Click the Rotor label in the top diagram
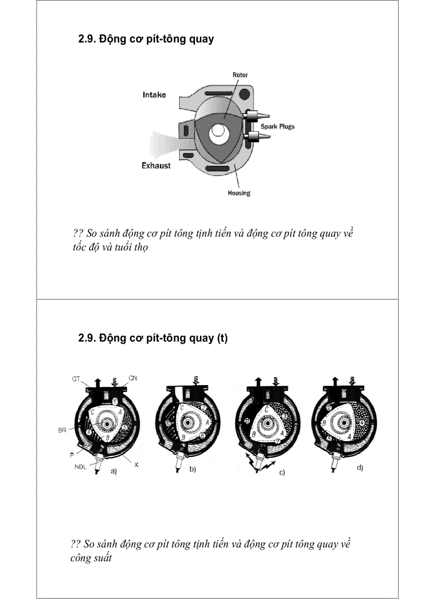pos(240,75)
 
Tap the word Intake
pos(154,95)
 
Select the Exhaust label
pos(156,166)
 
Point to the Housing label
pos(239,193)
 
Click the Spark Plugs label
pos(277,127)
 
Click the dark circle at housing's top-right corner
pos(245,95)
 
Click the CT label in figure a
pos(77,379)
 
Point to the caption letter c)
pos(282,473)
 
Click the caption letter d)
pos(360,468)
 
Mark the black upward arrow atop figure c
pos(259,382)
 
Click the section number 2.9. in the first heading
pos(87,39)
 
